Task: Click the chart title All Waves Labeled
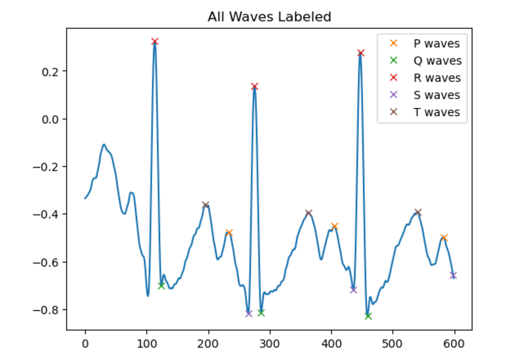[269, 17]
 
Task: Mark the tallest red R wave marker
[155, 42]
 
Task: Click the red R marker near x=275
[255, 87]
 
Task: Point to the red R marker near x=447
[361, 53]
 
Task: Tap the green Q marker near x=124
[161, 286]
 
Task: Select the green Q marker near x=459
[368, 316]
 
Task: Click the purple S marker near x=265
[248, 313]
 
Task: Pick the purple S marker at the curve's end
[453, 275]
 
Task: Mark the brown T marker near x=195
[206, 205]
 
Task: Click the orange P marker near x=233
[229, 232]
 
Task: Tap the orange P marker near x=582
[444, 238]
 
